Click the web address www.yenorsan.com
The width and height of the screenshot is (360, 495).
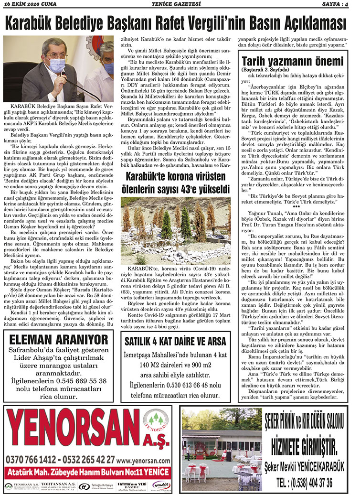click(144, 460)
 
